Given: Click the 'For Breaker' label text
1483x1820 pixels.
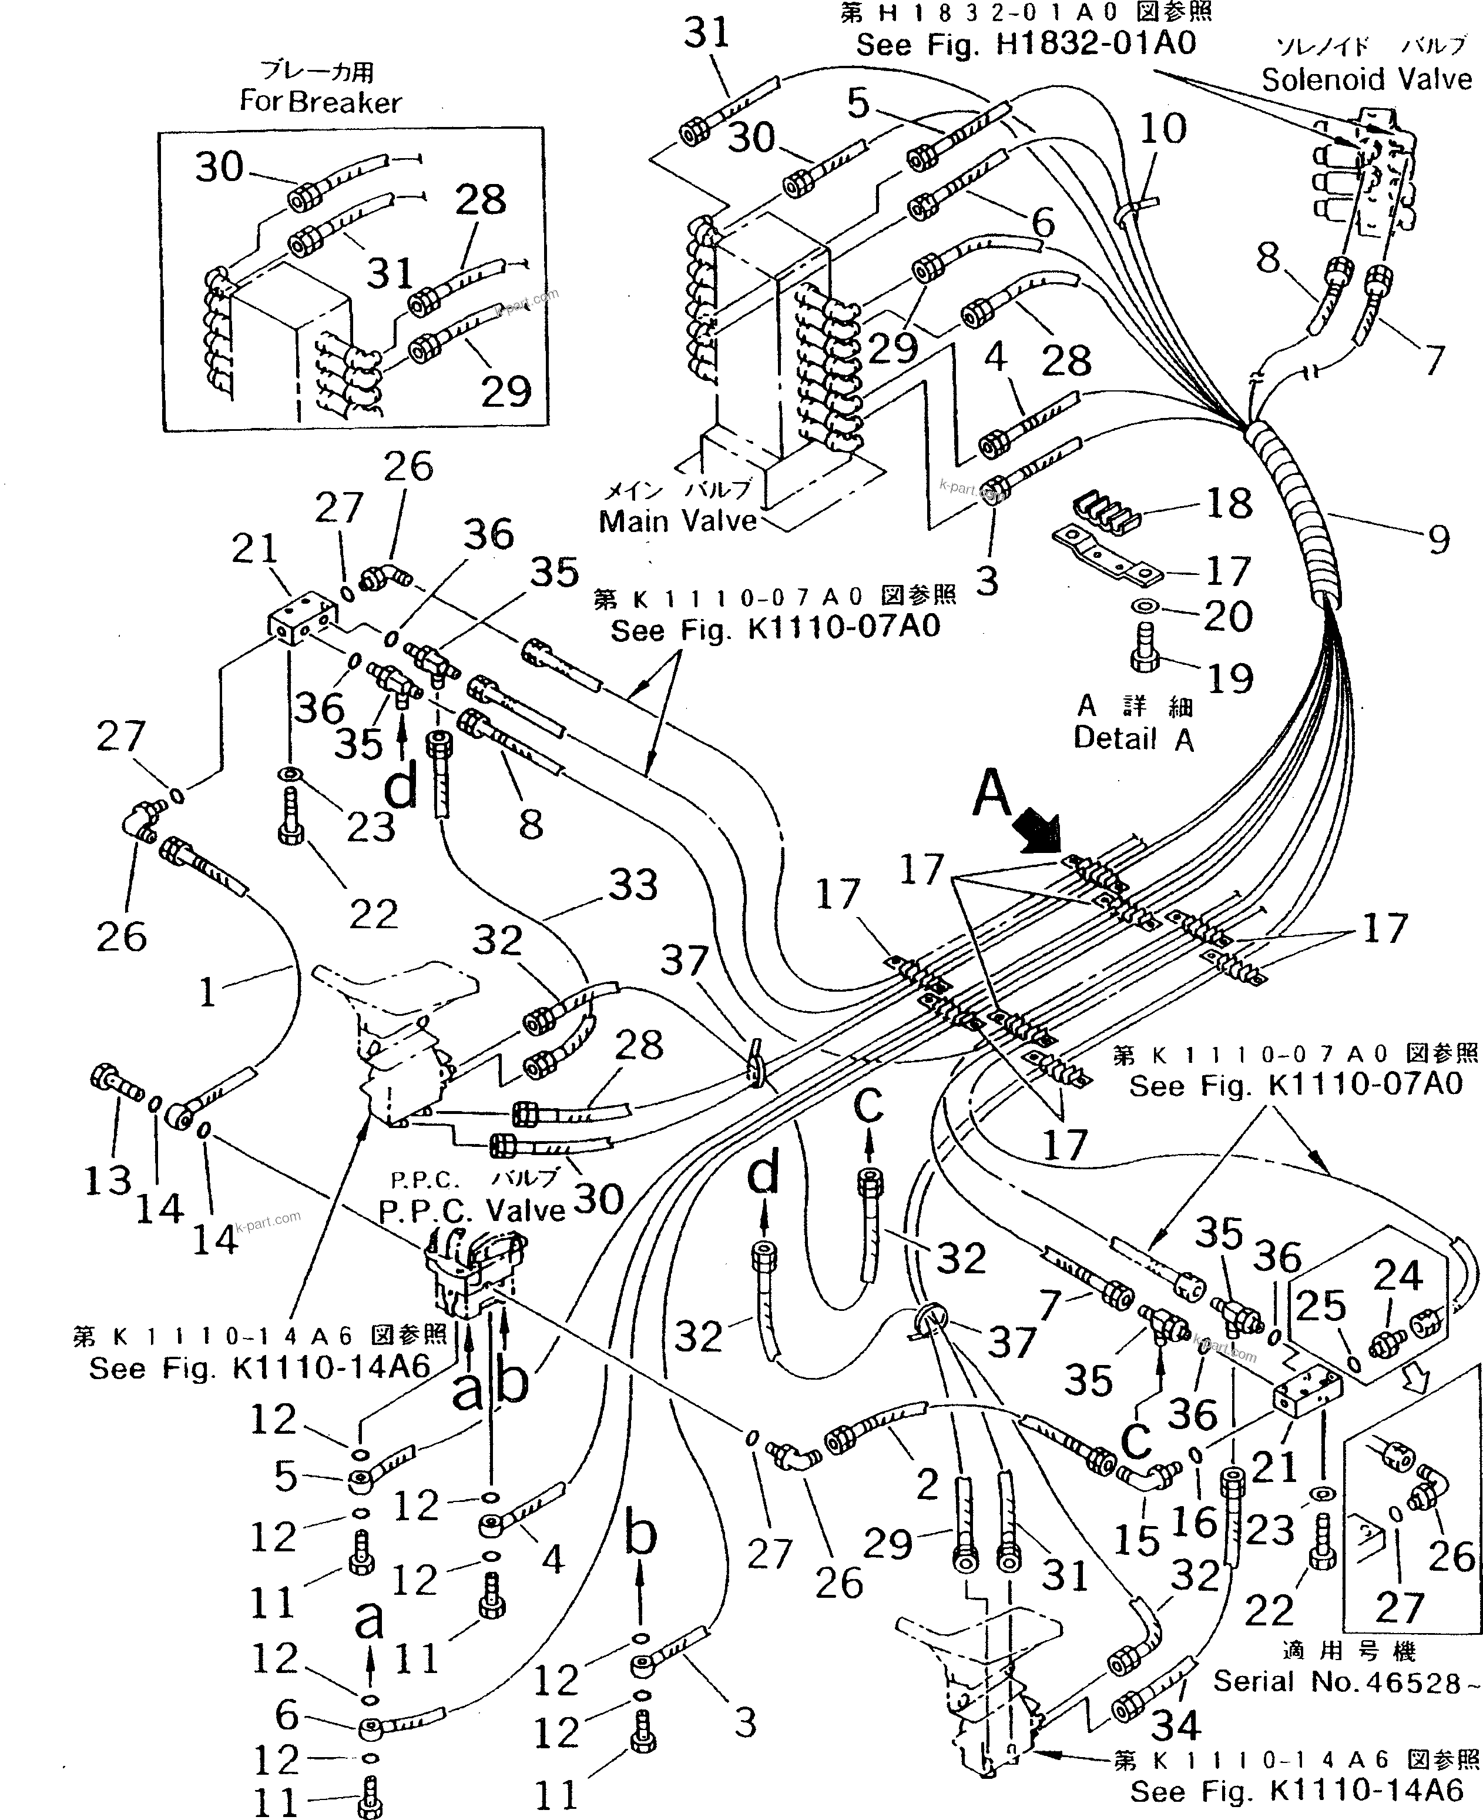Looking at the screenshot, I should [x=320, y=102].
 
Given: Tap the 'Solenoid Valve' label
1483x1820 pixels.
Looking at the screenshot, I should [x=1366, y=79].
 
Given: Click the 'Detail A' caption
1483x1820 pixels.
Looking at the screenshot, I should [x=1133, y=738].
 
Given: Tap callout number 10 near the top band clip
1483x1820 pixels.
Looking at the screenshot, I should [x=1163, y=129].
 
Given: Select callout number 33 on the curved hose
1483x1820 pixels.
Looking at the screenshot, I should [x=632, y=885].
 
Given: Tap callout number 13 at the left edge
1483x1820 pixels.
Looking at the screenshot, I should [x=108, y=1181].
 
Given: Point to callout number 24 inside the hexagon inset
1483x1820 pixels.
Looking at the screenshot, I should [x=1398, y=1276].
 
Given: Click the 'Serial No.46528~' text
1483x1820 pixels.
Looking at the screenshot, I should [x=1346, y=1682].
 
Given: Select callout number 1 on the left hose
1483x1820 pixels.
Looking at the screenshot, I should [x=207, y=993].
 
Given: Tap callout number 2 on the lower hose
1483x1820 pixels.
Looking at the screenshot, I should [x=927, y=1485].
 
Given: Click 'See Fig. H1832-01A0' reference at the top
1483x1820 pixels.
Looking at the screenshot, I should [x=1026, y=44].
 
